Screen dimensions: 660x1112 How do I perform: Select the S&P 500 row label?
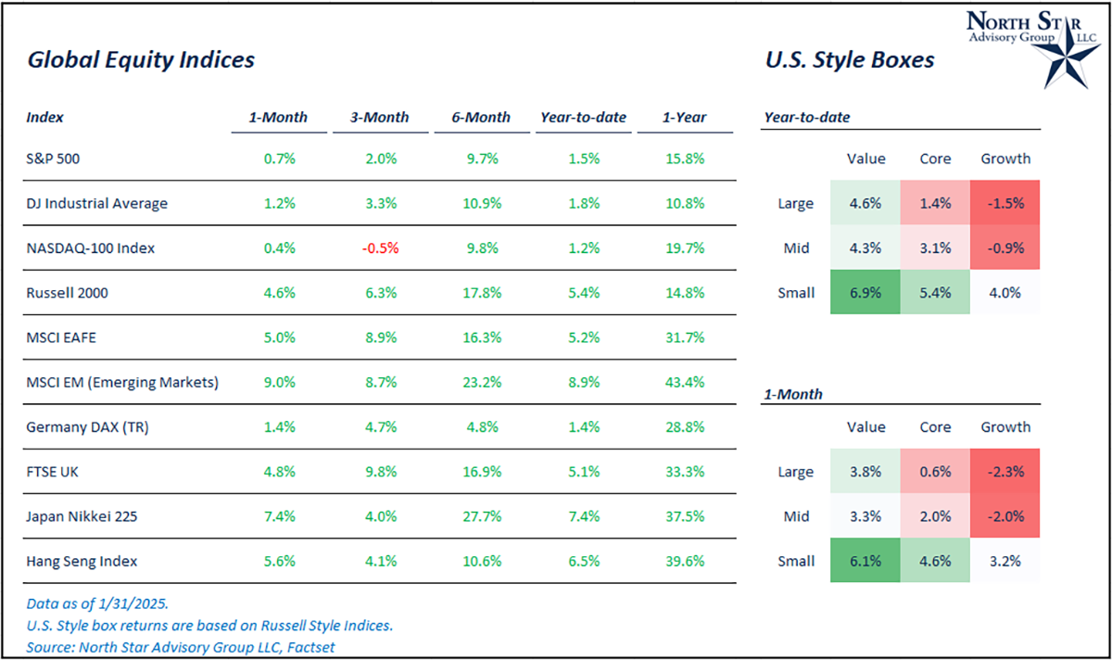(54, 159)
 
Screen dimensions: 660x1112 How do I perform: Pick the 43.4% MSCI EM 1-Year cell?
(684, 382)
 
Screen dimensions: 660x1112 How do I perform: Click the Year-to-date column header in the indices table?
(584, 118)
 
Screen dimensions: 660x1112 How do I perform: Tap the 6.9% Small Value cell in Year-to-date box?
(866, 293)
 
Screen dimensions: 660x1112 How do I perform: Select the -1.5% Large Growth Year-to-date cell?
(1005, 204)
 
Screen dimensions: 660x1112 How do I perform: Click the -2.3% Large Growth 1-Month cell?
(1005, 472)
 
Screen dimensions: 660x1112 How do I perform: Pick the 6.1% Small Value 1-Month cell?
(866, 561)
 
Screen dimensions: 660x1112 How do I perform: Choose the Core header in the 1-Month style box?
(935, 427)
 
